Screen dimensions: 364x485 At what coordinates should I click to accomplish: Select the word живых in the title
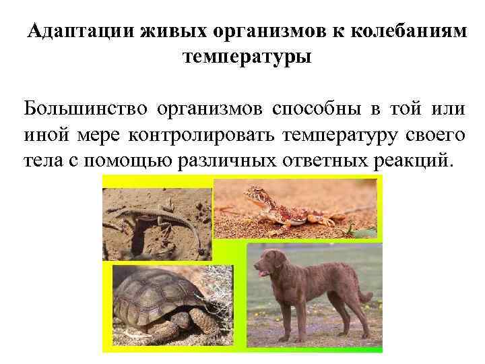(173, 32)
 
